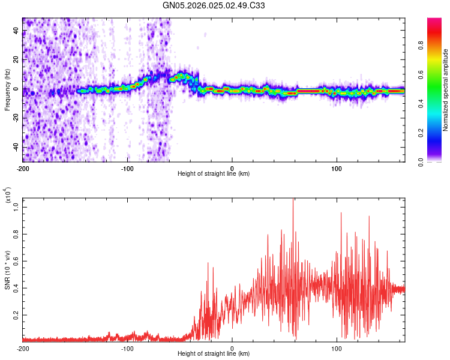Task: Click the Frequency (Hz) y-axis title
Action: pyautogui.click(x=7, y=90)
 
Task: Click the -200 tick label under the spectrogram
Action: pyautogui.click(x=23, y=167)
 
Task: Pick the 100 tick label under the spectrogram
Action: pyautogui.click(x=337, y=167)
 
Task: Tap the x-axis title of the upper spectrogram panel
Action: pyautogui.click(x=214, y=174)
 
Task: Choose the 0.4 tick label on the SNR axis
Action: pyautogui.click(x=16, y=287)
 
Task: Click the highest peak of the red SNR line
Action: pyautogui.click(x=293, y=199)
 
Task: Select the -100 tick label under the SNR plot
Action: pyautogui.click(x=127, y=349)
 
